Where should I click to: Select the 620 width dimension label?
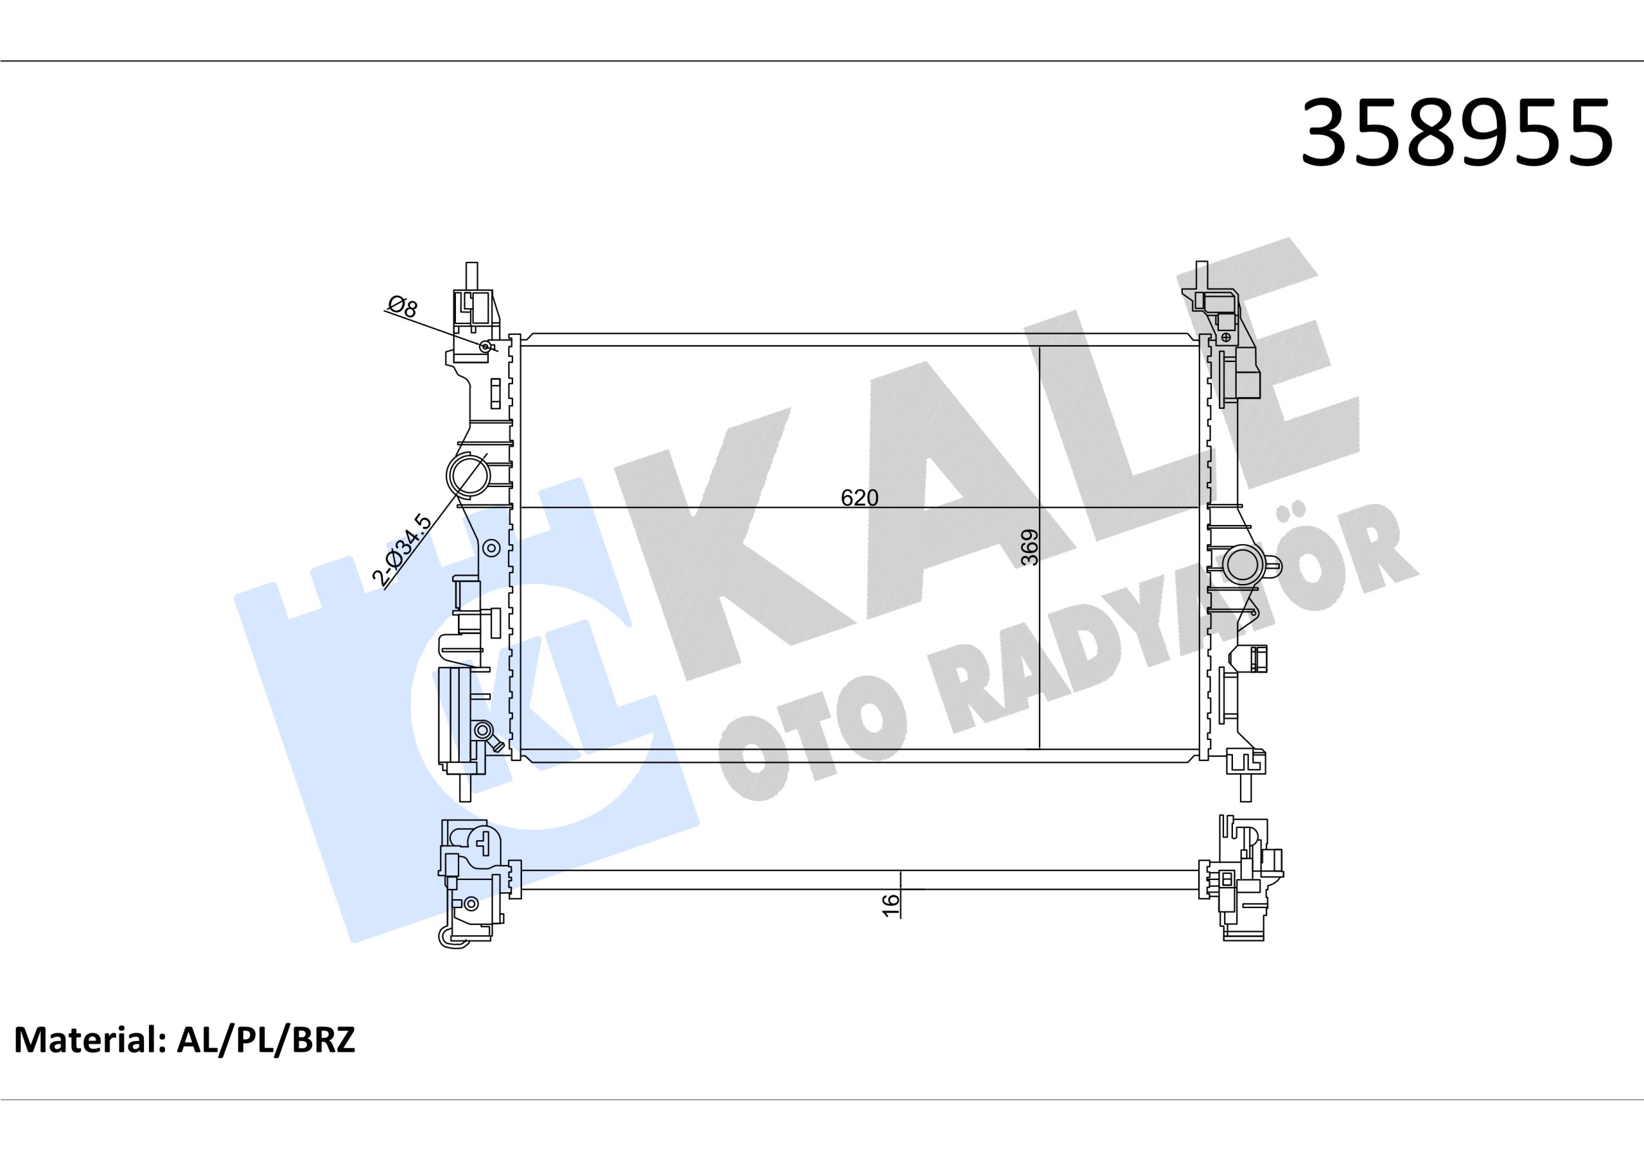pyautogui.click(x=859, y=497)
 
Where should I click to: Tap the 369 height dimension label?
pyautogui.click(x=1029, y=547)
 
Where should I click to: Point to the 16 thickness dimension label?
pyautogui.click(x=890, y=906)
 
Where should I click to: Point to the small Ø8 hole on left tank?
pyautogui.click(x=485, y=347)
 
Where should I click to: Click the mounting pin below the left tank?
pyautogui.click(x=465, y=787)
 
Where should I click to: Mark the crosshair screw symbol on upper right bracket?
pyautogui.click(x=1226, y=336)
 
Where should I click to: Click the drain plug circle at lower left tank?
pyautogui.click(x=482, y=731)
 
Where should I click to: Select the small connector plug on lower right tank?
pyautogui.click(x=1257, y=658)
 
